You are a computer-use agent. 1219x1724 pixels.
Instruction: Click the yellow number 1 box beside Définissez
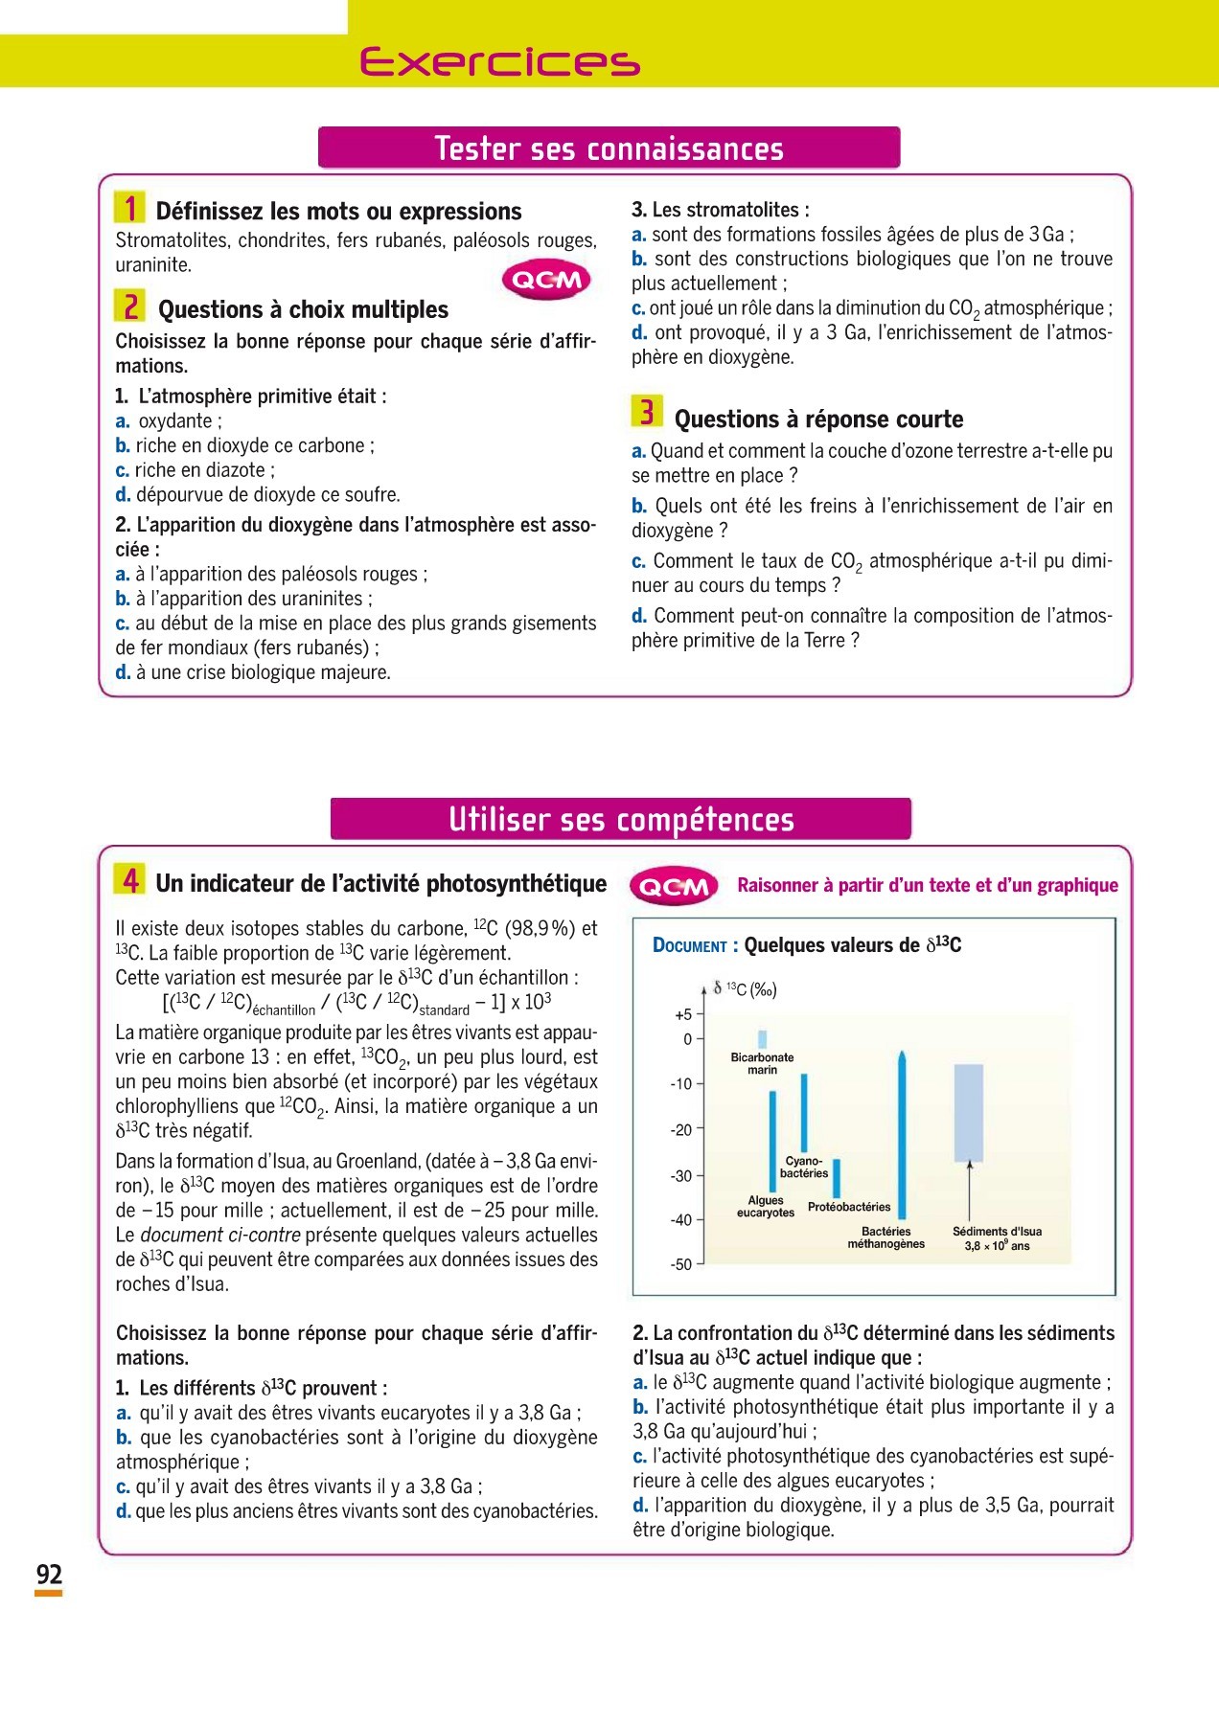[129, 208]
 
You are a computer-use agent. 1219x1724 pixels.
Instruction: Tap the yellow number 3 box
[647, 412]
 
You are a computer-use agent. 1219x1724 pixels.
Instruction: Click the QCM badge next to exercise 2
[546, 280]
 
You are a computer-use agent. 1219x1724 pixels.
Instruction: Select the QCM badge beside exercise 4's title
[676, 887]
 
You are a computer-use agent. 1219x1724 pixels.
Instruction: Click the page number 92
[49, 1575]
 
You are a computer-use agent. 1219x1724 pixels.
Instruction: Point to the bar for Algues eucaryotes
[772, 1140]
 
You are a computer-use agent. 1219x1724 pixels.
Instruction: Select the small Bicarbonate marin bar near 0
[763, 1039]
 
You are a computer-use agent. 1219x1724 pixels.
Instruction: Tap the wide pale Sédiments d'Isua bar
[969, 1113]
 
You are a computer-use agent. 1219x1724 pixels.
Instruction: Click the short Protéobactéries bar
[837, 1178]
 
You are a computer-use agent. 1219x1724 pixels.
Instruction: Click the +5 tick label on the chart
[683, 1015]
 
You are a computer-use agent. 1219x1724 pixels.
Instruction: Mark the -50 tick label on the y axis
[681, 1265]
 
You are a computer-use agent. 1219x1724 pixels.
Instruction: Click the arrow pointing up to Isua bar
[970, 1192]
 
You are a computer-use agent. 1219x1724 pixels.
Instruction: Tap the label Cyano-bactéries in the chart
[804, 1167]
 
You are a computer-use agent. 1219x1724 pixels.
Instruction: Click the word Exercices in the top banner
[499, 62]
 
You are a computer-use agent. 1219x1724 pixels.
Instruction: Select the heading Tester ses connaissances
[609, 148]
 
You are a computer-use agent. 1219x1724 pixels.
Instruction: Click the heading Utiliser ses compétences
[621, 820]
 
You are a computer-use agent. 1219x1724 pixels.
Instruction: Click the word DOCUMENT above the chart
[690, 946]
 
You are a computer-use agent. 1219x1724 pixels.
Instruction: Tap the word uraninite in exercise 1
[153, 265]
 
